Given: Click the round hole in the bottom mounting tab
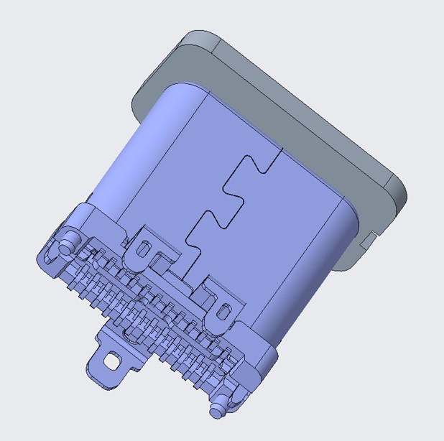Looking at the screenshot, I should (x=111, y=360).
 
